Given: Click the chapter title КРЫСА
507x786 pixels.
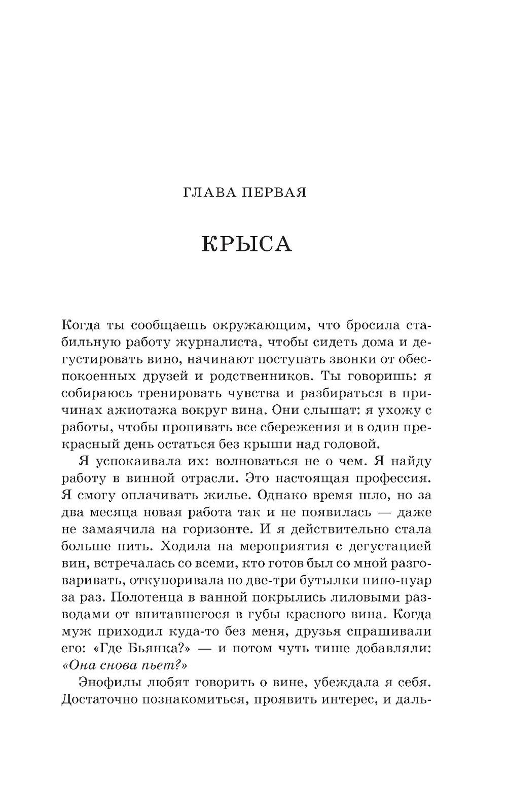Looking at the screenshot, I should click(x=247, y=244).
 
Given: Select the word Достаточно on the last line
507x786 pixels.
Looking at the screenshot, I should click(x=102, y=701).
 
